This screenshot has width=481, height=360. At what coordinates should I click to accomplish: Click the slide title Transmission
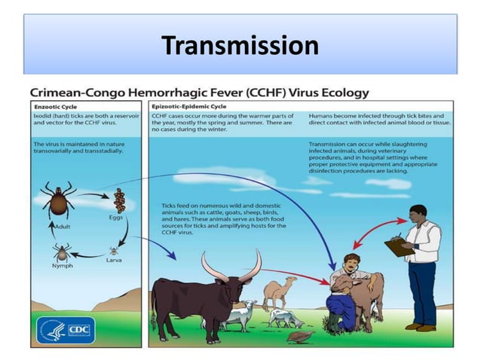(x=240, y=46)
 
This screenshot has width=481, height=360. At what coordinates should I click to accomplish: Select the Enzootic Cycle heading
(x=56, y=107)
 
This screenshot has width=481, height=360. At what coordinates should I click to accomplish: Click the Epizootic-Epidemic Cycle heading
(x=188, y=107)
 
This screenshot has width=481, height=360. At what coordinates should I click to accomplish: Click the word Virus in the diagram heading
(x=293, y=93)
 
